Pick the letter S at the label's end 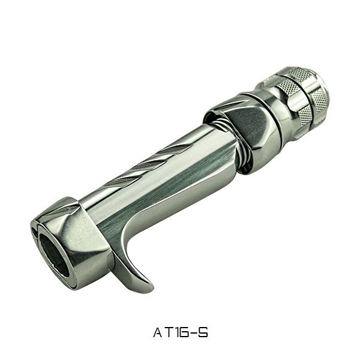pyautogui.click(x=203, y=333)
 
